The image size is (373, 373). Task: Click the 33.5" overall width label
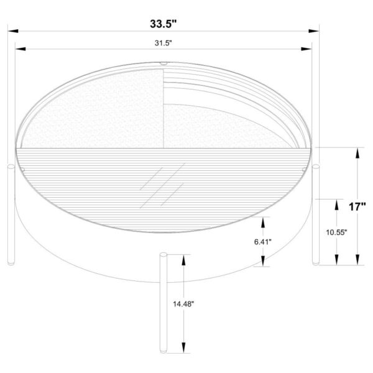point(163,25)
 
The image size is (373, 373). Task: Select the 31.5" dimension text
point(163,43)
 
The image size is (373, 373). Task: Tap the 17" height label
point(357,207)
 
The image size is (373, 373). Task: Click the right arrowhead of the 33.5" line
point(315,30)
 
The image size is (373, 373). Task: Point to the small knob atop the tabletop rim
point(163,63)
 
